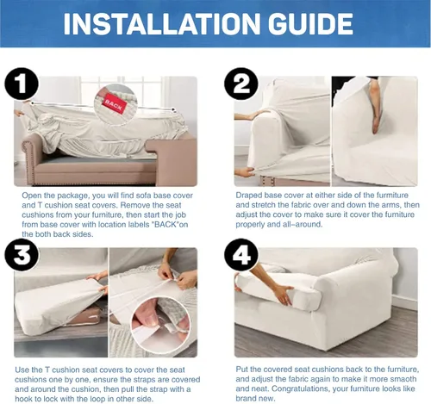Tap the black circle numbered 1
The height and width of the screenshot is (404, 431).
(x=22, y=84)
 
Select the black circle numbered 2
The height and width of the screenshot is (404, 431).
(x=241, y=84)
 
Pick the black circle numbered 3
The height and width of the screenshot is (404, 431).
(x=22, y=254)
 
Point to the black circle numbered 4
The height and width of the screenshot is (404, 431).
(x=241, y=254)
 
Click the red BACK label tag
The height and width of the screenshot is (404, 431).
(x=114, y=103)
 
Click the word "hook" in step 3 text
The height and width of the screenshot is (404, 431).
(x=24, y=399)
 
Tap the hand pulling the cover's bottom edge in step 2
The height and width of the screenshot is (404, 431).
(x=245, y=173)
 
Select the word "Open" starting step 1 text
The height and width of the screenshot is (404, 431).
(x=31, y=196)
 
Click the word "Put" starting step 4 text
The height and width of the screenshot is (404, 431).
(x=242, y=370)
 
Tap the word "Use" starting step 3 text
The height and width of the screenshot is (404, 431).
(x=22, y=370)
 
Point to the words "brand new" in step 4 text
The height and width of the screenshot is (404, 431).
(x=255, y=399)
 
